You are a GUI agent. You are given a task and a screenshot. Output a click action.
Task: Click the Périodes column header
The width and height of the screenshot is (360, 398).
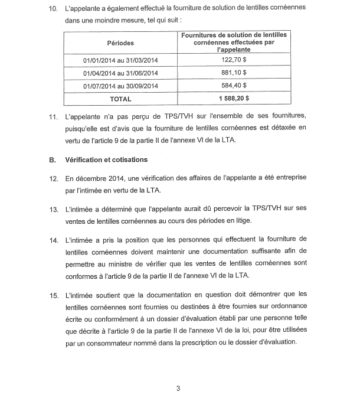(x=120, y=43)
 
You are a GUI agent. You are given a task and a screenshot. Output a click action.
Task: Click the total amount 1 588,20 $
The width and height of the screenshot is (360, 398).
(x=233, y=99)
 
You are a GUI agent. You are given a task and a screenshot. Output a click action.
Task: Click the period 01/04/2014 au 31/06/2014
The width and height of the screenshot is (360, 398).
(x=120, y=73)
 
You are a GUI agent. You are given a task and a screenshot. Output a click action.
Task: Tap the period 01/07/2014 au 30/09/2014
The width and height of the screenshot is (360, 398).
(x=120, y=86)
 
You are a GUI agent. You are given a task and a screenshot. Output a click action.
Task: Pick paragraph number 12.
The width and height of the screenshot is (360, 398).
(x=53, y=178)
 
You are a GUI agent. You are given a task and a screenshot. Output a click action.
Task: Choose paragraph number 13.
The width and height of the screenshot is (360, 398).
(x=53, y=208)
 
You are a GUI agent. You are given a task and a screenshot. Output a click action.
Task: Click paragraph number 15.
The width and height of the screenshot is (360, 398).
(x=53, y=293)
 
